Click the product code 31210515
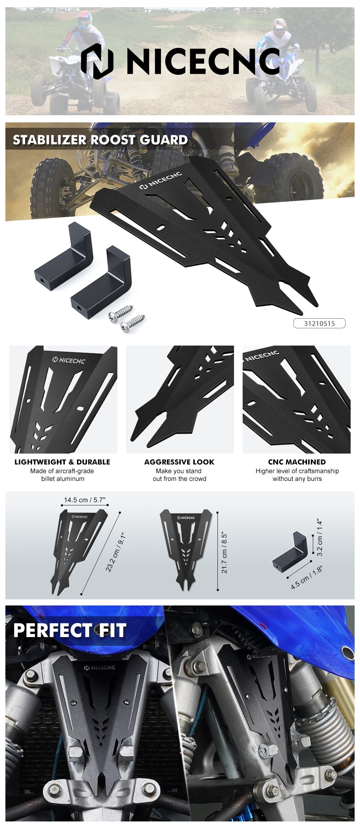point(319,323)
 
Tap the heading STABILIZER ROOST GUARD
point(100,140)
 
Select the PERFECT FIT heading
point(70,630)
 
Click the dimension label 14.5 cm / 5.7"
point(85,500)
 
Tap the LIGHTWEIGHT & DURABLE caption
point(62,462)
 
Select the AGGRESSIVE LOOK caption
point(179,462)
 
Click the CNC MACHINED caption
point(297,462)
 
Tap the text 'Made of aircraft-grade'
point(62,471)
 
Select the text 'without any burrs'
point(297,479)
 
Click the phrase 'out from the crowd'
point(179,479)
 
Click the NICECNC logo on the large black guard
point(161,181)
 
